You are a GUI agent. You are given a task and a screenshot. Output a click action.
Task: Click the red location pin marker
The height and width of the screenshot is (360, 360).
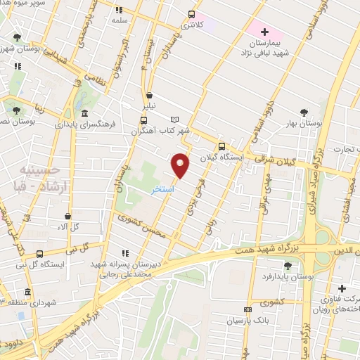(181, 165)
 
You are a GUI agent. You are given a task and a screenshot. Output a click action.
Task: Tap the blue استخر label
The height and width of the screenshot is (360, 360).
(165, 190)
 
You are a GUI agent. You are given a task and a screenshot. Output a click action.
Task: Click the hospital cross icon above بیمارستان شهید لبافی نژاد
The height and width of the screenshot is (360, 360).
(264, 32)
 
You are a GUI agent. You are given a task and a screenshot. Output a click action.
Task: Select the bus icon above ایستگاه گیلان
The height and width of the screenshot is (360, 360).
(221, 147)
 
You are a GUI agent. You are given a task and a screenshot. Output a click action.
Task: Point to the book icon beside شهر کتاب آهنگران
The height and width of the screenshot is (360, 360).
(175, 120)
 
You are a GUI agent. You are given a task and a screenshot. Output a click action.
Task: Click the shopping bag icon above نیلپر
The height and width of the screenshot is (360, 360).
(149, 96)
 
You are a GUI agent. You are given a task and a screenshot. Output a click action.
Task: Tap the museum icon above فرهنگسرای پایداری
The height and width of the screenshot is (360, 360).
(85, 113)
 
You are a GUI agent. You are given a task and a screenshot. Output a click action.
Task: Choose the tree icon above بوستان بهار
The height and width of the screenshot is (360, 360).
(303, 112)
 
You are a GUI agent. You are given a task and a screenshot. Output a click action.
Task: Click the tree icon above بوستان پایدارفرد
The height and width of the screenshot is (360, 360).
(288, 264)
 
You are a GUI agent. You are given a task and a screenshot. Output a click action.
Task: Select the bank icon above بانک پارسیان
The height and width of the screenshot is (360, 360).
(247, 309)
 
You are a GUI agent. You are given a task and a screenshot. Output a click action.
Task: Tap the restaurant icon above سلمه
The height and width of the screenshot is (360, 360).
(118, 10)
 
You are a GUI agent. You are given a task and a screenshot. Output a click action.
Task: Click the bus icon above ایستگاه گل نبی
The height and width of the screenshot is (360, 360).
(39, 254)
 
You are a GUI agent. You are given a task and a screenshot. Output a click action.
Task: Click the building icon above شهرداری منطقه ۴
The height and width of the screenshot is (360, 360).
(27, 292)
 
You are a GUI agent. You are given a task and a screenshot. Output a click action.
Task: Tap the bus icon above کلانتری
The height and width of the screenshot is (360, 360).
(192, 14)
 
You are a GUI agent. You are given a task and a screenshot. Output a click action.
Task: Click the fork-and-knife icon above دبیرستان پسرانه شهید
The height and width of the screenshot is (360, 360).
(126, 253)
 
